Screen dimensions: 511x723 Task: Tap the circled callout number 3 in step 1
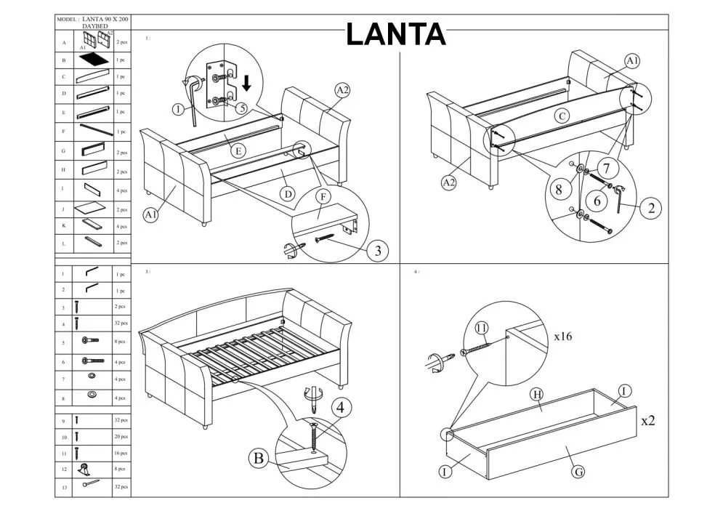[376, 252]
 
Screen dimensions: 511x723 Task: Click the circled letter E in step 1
[239, 151]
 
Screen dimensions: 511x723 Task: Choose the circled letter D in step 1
[288, 194]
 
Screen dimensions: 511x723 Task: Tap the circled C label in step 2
[562, 115]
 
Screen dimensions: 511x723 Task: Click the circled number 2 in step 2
[650, 209]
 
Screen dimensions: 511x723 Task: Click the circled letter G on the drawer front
[578, 472]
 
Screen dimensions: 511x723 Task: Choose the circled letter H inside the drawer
[536, 394]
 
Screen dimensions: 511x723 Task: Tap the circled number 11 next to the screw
[481, 328]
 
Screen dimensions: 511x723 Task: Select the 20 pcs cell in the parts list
[121, 437]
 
